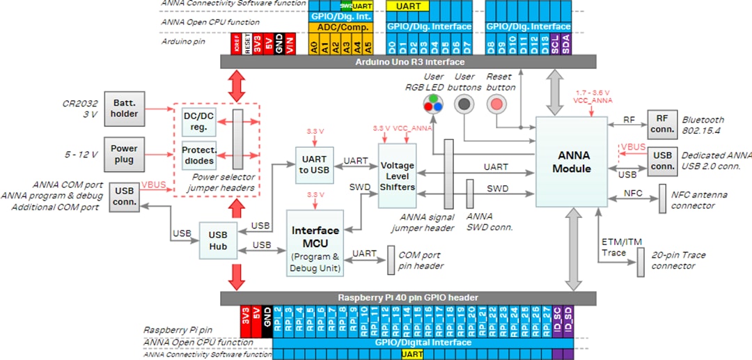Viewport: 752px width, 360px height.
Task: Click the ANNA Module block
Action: tap(571, 162)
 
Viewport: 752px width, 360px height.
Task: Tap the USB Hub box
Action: tap(217, 241)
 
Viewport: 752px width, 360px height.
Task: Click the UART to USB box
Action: tap(315, 165)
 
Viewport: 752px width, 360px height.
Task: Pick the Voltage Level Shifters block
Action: tap(397, 175)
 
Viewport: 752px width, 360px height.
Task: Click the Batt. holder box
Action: tap(124, 109)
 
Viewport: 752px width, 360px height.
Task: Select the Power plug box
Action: tap(124, 154)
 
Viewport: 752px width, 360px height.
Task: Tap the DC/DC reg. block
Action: tap(198, 121)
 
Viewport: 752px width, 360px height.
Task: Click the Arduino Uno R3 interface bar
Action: tap(408, 62)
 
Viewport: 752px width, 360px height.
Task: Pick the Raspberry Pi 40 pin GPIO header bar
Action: tap(408, 298)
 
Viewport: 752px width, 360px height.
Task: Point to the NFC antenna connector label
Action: tap(704, 200)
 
